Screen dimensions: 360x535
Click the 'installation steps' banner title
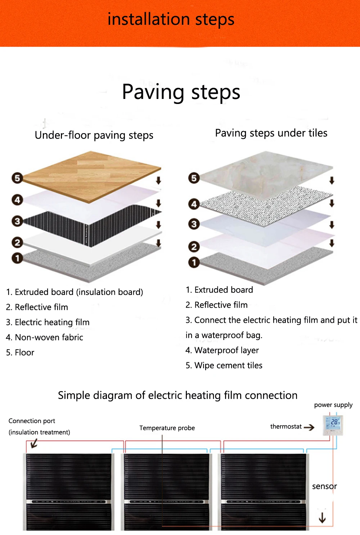[171, 19]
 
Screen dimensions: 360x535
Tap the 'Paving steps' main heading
[181, 92]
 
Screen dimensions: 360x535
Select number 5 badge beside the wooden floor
[17, 178]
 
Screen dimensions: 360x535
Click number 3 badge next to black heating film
[17, 221]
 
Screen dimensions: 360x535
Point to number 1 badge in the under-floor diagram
[17, 258]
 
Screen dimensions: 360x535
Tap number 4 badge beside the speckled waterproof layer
[194, 204]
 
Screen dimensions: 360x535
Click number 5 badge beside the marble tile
[194, 178]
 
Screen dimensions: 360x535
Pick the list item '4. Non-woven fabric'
[45, 337]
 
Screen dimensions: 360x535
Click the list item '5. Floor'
[20, 353]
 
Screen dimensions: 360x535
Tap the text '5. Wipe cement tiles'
[224, 366]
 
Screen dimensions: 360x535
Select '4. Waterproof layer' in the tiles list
[222, 350]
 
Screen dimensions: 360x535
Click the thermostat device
[333, 425]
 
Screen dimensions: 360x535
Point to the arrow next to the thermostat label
[309, 427]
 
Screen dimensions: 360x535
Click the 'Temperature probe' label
[167, 428]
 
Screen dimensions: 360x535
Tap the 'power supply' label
[333, 405]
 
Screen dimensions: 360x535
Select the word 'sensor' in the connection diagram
[324, 486]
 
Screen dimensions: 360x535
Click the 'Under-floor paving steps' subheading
[94, 135]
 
